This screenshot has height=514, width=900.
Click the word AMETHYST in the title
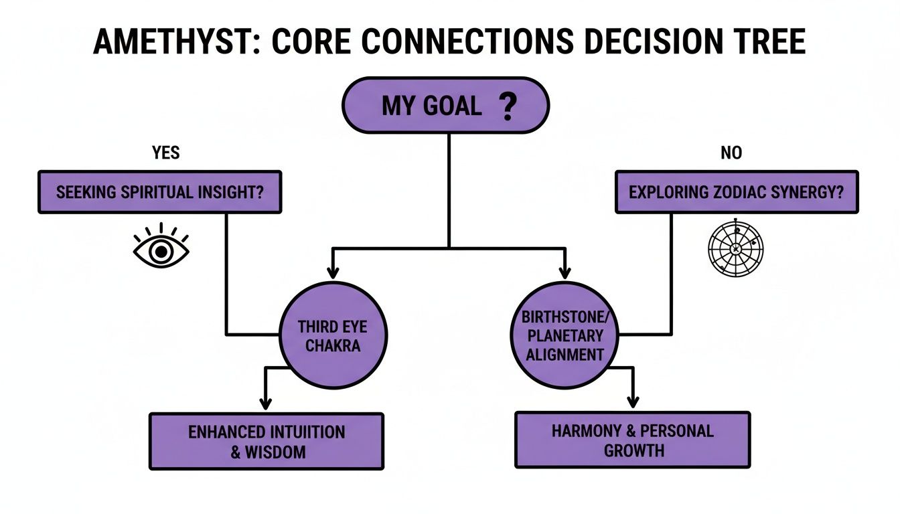click(x=173, y=41)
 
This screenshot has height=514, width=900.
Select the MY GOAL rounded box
click(x=445, y=105)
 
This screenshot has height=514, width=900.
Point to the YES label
click(x=166, y=153)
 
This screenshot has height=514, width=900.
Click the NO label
click(x=731, y=153)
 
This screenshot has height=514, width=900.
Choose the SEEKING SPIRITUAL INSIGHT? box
click(x=160, y=192)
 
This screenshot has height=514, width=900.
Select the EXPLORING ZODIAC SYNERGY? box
click(x=737, y=192)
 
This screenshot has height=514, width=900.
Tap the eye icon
click(x=161, y=246)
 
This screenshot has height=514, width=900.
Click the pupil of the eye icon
click(x=161, y=252)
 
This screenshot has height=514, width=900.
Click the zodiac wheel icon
click(x=736, y=248)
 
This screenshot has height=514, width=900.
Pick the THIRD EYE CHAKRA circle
click(x=333, y=335)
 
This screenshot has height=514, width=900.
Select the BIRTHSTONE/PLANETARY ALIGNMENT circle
click(x=565, y=335)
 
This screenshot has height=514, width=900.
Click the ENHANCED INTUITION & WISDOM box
click(x=267, y=441)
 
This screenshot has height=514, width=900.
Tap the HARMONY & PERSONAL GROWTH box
click(x=633, y=440)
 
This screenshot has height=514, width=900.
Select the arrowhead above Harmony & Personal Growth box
click(x=633, y=402)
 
